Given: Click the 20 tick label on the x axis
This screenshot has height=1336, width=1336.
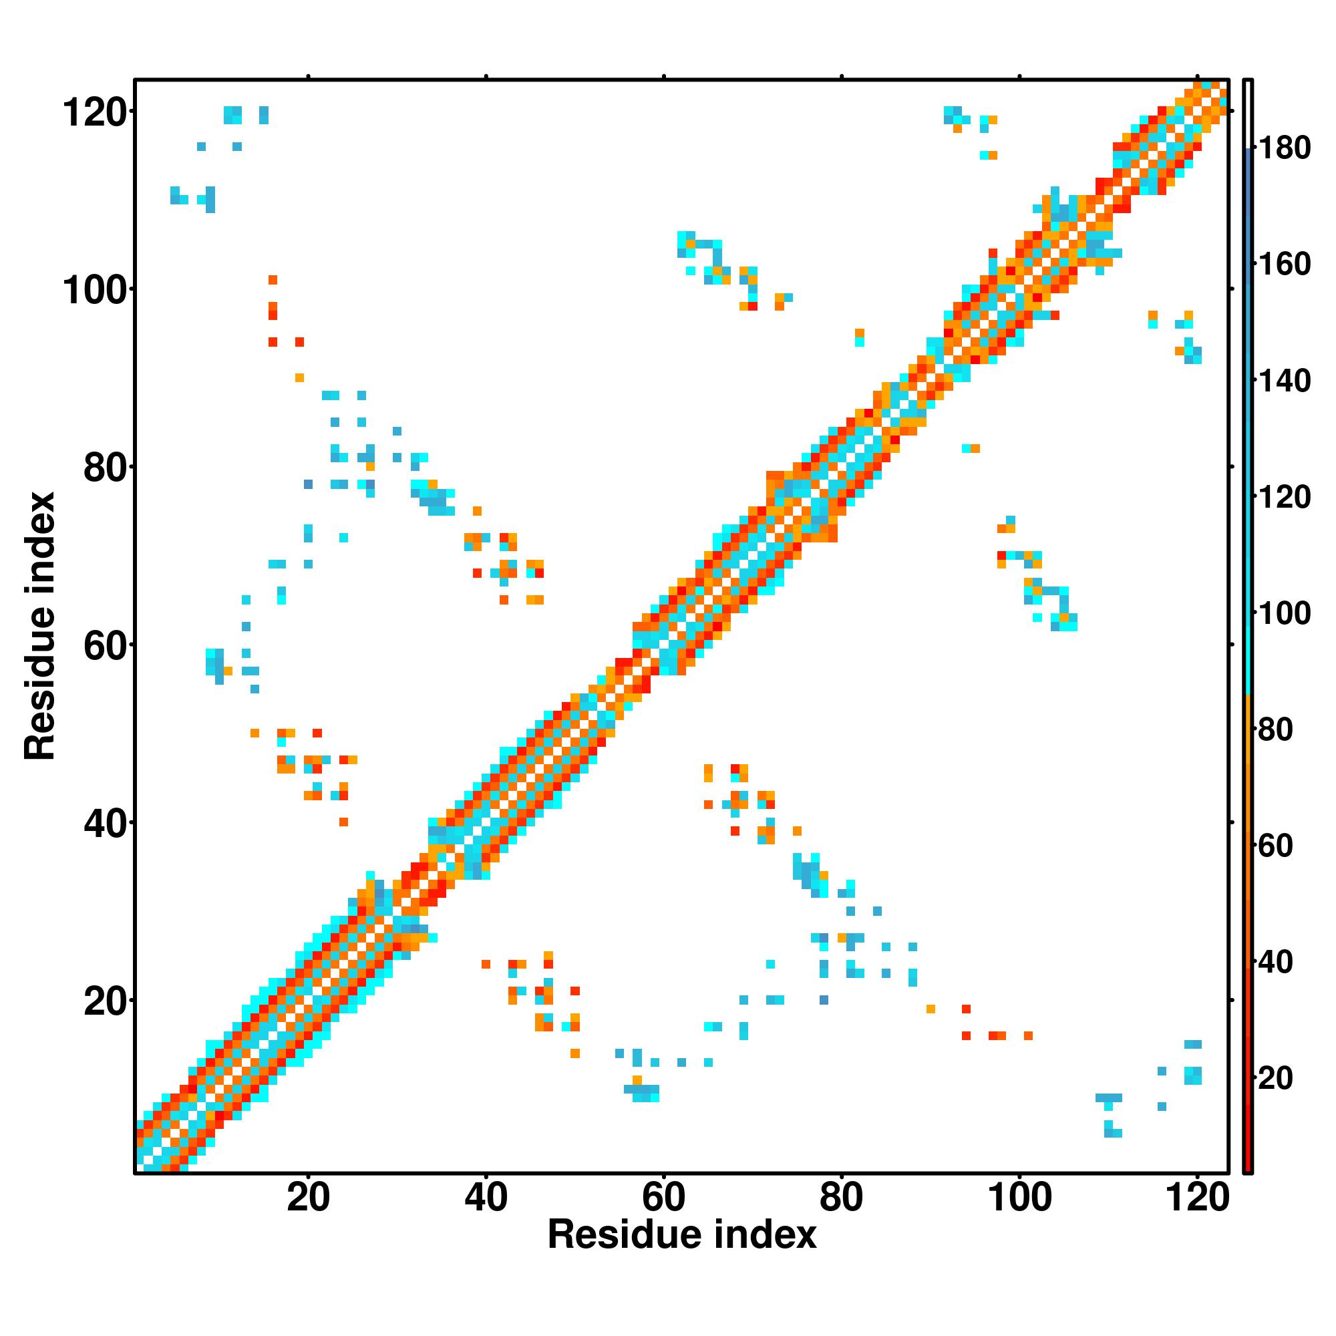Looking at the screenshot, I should tap(309, 1197).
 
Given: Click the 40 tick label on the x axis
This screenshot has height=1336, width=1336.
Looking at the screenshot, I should tap(486, 1197).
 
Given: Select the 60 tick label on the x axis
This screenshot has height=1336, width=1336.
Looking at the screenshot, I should tap(664, 1197).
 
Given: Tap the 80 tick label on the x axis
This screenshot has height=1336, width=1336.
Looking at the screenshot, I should tap(842, 1197).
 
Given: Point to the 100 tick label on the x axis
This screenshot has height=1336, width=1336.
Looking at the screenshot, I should tap(1019, 1197).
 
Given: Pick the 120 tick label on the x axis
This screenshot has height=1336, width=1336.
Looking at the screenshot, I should tap(1197, 1197).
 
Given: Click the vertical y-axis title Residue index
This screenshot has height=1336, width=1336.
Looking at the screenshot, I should tap(40, 627).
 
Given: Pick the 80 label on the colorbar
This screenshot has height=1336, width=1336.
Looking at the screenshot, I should tap(1276, 729).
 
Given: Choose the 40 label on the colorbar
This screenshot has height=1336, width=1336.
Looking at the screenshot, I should tap(1276, 962).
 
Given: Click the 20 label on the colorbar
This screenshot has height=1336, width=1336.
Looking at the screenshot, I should tap(1276, 1078).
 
